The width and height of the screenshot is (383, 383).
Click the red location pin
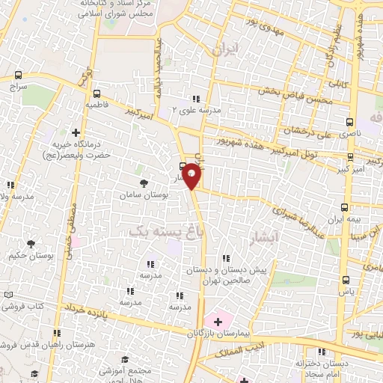[x=192, y=176]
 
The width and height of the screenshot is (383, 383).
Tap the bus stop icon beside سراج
[x=19, y=76]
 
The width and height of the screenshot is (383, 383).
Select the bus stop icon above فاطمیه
[x=97, y=94]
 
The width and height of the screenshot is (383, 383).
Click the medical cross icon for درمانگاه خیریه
[x=75, y=132]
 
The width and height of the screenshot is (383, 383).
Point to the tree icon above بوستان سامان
[x=144, y=183]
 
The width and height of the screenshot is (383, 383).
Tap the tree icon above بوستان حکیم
[x=30, y=244]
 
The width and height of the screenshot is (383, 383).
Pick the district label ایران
[x=224, y=51]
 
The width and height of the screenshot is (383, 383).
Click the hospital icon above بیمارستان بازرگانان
[x=218, y=321]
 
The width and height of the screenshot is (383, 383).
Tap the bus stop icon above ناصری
[x=352, y=121]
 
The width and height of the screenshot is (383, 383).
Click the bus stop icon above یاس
[x=345, y=280]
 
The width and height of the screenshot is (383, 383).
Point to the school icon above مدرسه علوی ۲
[x=196, y=98]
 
